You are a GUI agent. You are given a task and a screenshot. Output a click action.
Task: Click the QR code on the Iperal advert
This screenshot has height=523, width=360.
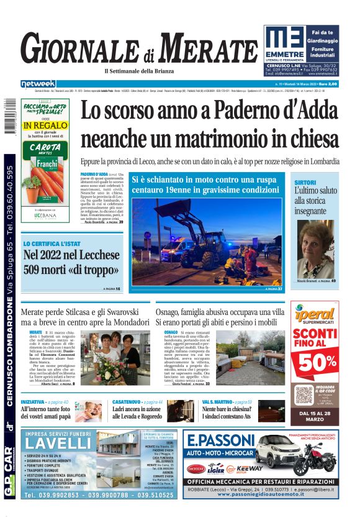pyautogui.click(x=305, y=394)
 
